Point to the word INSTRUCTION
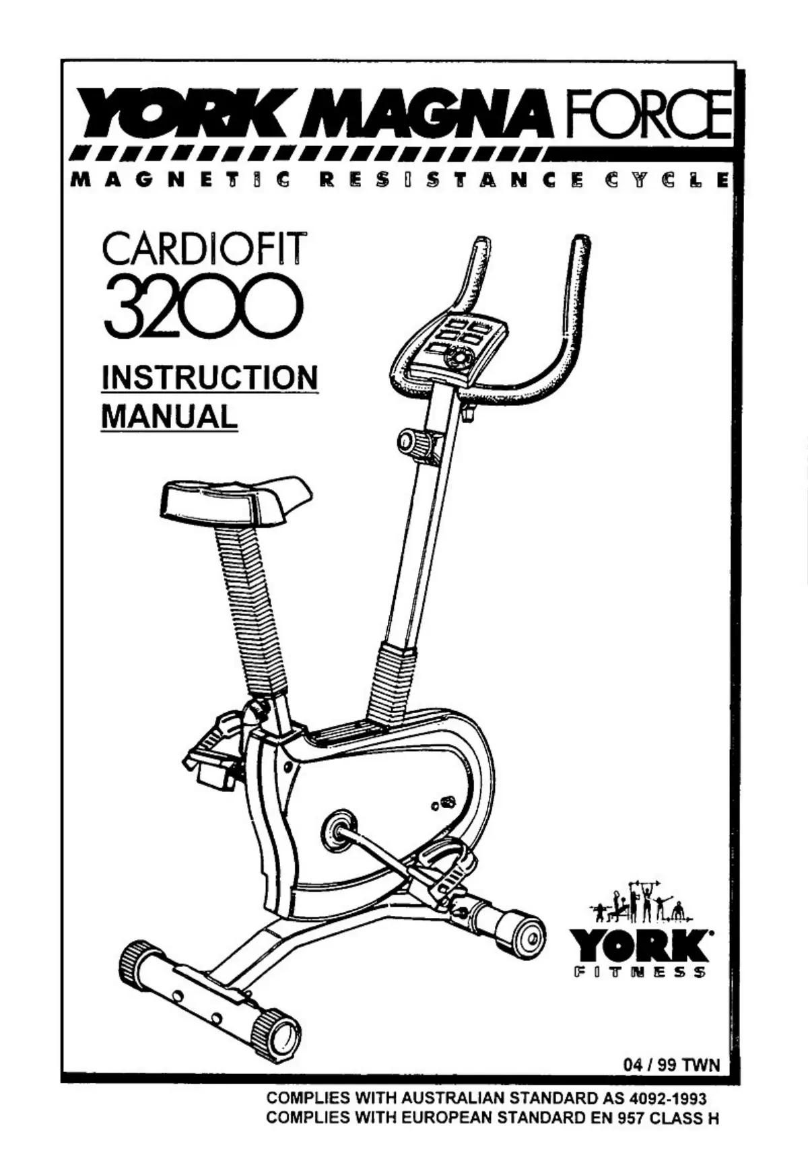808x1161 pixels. (209, 377)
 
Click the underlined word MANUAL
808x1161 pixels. (169, 416)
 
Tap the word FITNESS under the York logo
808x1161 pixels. (639, 972)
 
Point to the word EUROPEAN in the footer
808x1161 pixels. (448, 1119)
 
